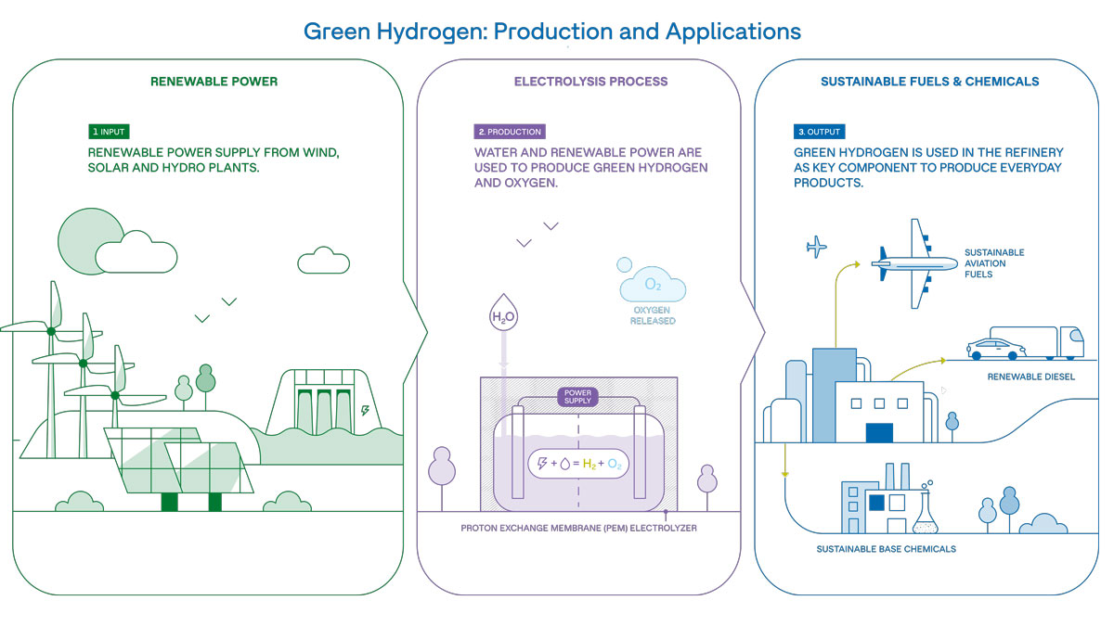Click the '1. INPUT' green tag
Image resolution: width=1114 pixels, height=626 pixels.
point(109,132)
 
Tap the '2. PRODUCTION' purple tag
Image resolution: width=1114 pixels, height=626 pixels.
point(509,132)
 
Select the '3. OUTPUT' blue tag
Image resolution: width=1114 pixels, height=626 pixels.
point(819,132)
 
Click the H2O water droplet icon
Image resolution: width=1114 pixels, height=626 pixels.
point(502,316)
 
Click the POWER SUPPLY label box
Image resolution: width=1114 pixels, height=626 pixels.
point(578,397)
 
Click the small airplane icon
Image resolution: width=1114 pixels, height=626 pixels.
point(817,247)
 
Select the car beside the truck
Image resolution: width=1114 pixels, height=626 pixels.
point(993,349)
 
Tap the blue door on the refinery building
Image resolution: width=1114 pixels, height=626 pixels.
point(878,432)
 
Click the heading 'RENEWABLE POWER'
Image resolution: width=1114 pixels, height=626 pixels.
point(214,82)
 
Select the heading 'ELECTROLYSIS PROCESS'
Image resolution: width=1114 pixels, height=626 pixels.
point(590,82)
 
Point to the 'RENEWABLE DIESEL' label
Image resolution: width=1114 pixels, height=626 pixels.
point(1030,377)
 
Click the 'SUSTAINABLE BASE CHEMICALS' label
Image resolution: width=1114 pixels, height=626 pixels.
point(886,549)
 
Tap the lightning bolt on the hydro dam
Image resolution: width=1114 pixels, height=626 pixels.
point(363,411)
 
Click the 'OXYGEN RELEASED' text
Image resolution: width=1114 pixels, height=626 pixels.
point(654,315)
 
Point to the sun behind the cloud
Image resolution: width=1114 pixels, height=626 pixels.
point(79,239)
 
